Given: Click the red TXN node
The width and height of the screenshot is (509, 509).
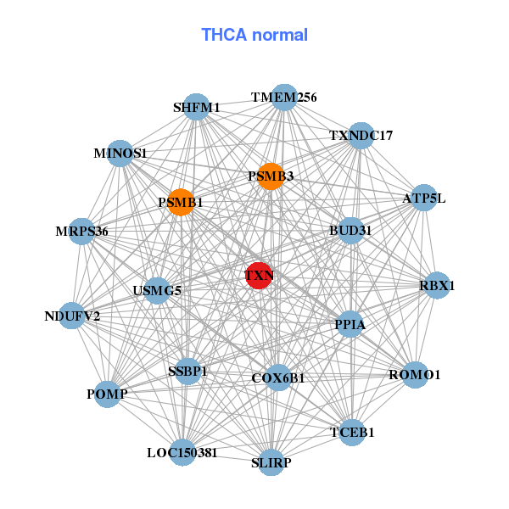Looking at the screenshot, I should tap(259, 276).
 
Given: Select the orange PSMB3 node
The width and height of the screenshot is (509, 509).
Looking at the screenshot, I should tap(270, 176).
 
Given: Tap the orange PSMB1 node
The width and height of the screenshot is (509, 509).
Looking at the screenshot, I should tap(180, 203).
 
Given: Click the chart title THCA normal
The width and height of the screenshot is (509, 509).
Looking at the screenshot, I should tap(255, 35).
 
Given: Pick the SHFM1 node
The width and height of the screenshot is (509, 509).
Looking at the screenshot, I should tap(197, 107).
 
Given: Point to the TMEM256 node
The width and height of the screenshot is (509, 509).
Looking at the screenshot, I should tap(284, 98).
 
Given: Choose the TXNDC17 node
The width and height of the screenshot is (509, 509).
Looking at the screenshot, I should tap(361, 135).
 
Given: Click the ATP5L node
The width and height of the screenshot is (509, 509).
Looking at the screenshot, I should tap(423, 199).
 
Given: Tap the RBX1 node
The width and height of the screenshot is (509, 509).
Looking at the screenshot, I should tap(436, 286).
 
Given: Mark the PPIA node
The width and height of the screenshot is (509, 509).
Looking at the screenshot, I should tap(350, 324).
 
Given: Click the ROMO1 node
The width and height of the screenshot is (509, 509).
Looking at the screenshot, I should tap(414, 374).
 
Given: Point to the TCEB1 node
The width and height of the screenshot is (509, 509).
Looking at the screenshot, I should tap(351, 432).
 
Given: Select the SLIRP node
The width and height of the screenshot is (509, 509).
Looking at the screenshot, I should tap(271, 462).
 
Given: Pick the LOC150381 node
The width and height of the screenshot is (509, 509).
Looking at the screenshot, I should tap(182, 452).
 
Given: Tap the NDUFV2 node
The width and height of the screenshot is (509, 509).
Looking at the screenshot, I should tap(72, 316).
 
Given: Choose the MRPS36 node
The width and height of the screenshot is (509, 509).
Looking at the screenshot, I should tap(81, 231).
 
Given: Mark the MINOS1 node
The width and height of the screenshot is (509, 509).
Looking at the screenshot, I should tap(121, 154).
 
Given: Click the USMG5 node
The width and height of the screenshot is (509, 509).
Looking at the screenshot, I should tap(157, 290).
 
